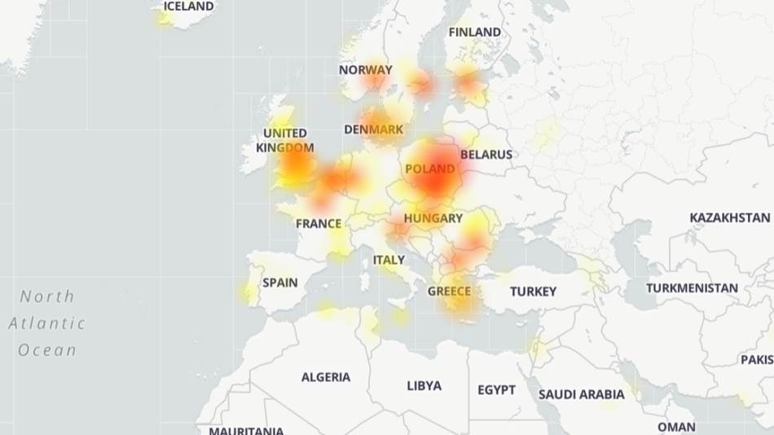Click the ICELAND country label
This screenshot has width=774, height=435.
tap(188, 7)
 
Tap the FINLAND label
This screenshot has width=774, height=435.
tap(475, 32)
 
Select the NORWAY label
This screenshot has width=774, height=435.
tap(365, 70)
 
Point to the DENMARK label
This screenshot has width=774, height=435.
tap(374, 130)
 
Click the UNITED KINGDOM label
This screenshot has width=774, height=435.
tap(284, 140)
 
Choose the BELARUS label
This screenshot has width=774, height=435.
tap(486, 154)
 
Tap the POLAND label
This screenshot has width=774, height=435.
tap(429, 169)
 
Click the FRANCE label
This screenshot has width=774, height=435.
tap(319, 223)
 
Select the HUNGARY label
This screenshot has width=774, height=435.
tap(433, 218)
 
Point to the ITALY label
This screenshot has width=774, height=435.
tap(389, 260)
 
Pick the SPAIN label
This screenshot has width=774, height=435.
tap(279, 283)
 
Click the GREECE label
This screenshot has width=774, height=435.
tap(449, 291)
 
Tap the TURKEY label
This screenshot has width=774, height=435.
tap(533, 291)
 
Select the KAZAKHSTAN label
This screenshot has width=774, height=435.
tap(729, 217)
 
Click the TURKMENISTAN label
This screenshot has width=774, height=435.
tap(692, 288)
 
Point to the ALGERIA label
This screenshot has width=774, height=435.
tap(326, 377)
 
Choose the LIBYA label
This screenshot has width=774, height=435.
tap(424, 385)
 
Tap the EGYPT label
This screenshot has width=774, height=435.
tap(496, 389)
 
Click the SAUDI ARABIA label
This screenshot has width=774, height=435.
tap(581, 394)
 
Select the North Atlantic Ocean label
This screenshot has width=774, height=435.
tap(47, 323)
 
